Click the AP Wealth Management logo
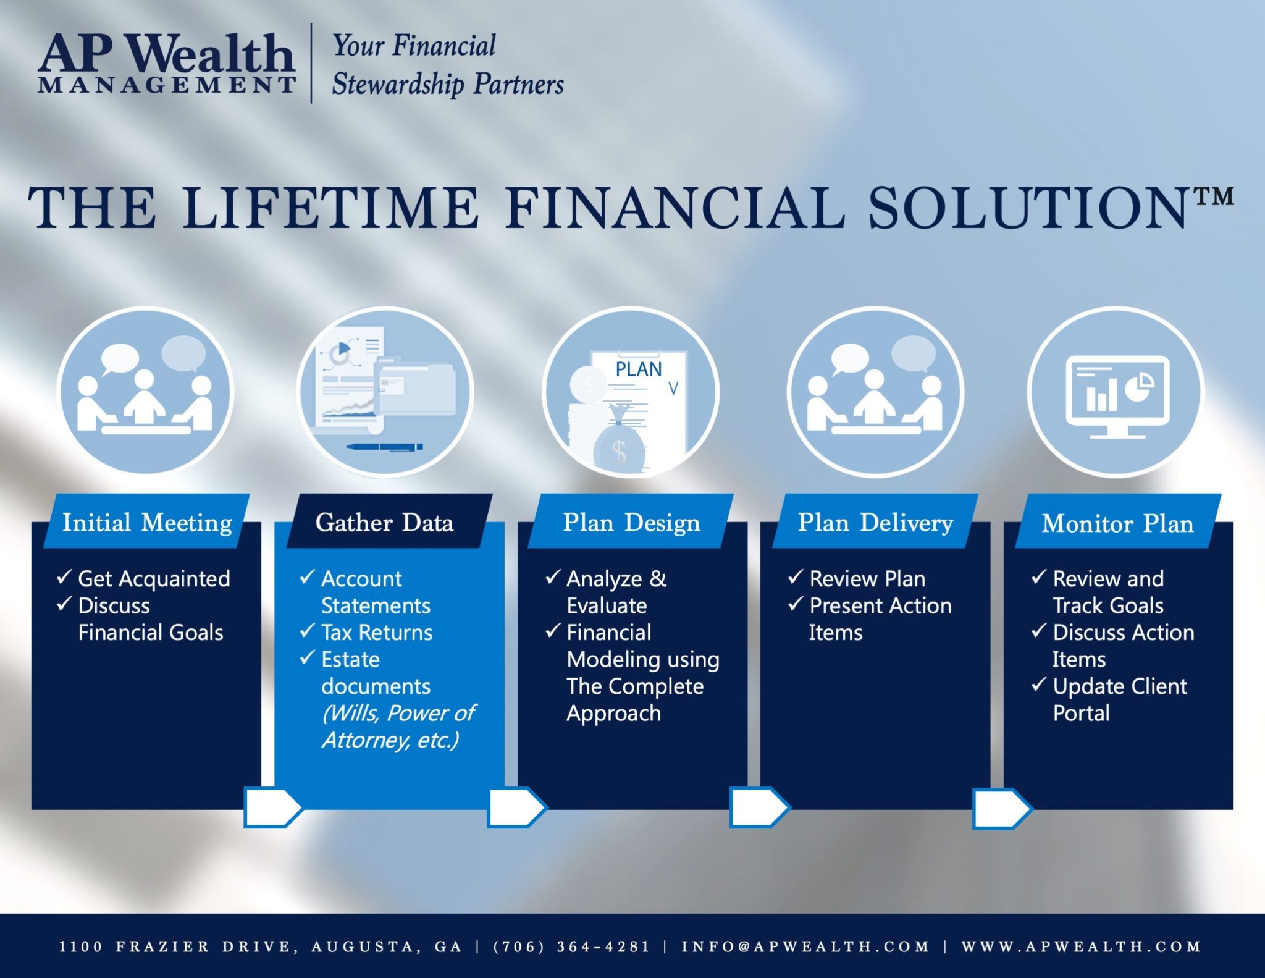(167, 63)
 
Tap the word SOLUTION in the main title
(1028, 208)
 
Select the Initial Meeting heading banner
(147, 521)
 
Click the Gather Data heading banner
(389, 521)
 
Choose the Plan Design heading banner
(631, 521)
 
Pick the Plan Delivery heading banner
(875, 521)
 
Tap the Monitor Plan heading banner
(1118, 521)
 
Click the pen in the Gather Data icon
(384, 447)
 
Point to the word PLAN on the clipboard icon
(638, 369)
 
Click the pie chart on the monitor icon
(1139, 387)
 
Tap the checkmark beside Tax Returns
(307, 631)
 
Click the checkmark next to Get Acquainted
(64, 577)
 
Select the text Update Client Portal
(1120, 699)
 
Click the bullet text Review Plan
(867, 579)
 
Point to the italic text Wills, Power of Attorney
(398, 727)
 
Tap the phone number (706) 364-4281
(571, 946)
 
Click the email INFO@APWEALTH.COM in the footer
(805, 946)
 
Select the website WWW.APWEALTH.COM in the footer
(1081, 946)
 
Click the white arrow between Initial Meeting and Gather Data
(272, 807)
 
